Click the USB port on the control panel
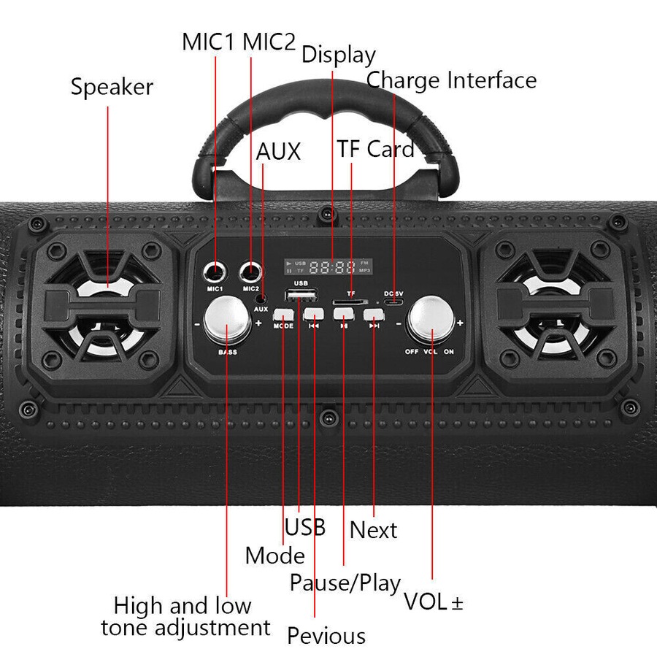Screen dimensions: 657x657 coord(301,295)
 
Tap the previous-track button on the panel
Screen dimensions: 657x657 coord(313,315)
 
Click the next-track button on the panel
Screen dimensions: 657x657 coord(373,315)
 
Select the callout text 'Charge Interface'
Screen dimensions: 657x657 coord(451,80)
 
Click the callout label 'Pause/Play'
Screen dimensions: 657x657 coord(345,583)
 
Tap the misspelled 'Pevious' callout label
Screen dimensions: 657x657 coord(326,635)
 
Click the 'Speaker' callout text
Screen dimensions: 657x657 coord(112,87)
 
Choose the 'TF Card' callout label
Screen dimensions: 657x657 coord(375,149)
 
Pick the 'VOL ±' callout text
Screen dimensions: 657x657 coord(434,602)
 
